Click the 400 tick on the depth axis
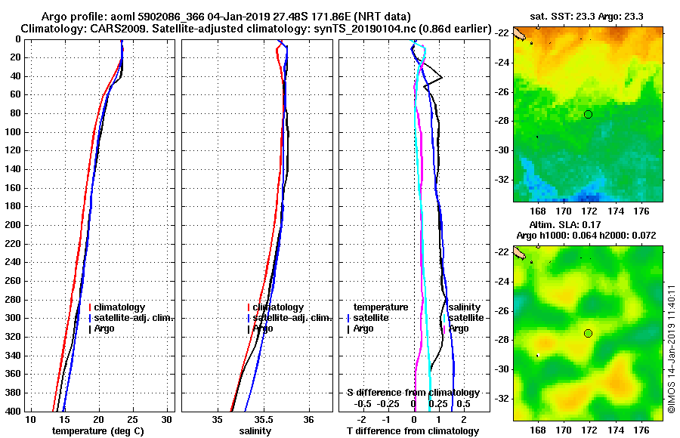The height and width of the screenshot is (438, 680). point(15,411)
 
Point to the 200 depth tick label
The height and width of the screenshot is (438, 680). point(15,225)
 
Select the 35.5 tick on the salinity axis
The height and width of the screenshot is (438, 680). point(263,419)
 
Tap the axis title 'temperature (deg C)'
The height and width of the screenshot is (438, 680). point(97,431)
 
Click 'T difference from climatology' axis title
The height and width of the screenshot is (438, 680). point(413,431)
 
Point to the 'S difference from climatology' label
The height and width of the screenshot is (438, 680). point(413,393)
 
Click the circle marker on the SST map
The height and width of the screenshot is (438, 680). point(589,114)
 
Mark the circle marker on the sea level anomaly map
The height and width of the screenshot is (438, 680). point(589,333)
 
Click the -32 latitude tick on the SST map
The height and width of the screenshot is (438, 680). point(503,180)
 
